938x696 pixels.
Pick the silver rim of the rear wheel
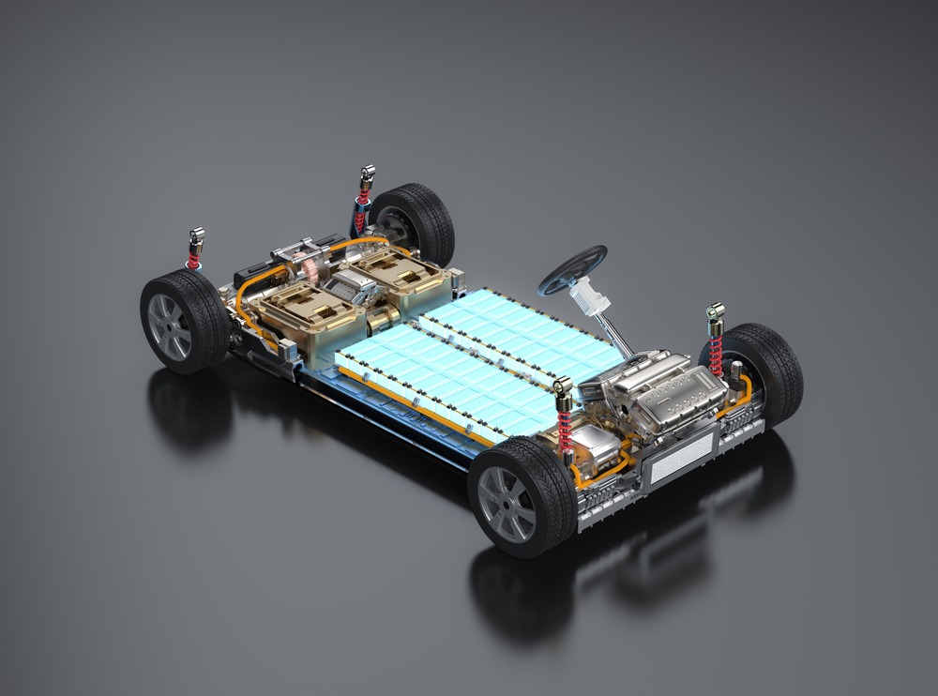pyautogui.click(x=168, y=327)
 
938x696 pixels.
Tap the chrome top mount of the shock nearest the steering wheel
pyautogui.click(x=716, y=311)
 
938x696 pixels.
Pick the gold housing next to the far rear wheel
pyautogui.click(x=394, y=271)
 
